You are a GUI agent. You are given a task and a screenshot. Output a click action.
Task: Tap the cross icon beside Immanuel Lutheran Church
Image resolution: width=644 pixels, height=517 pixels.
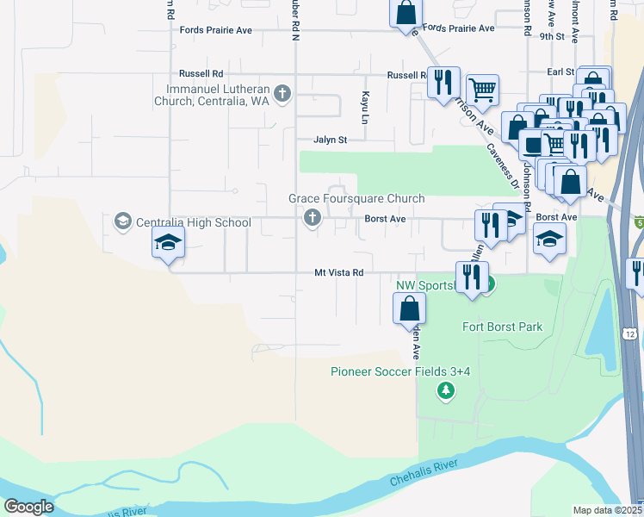tap(282, 92)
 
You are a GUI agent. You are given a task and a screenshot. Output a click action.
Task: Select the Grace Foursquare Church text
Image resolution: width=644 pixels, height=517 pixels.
tap(356, 198)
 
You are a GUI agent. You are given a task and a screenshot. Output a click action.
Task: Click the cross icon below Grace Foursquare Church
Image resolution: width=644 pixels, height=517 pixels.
tap(313, 219)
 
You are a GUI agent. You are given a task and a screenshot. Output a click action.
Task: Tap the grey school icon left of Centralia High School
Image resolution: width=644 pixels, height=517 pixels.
tap(122, 222)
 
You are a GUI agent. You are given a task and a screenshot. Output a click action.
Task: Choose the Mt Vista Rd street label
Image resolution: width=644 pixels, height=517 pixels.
tap(339, 272)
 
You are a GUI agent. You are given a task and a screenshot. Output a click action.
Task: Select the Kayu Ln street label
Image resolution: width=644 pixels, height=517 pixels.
tap(366, 105)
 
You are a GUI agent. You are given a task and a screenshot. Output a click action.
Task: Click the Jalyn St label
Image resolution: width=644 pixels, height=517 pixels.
tap(330, 140)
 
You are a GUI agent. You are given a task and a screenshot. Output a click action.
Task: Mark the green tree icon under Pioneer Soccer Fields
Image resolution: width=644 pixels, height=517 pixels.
tap(446, 392)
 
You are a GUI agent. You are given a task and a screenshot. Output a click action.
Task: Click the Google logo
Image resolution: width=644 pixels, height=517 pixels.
tap(29, 507)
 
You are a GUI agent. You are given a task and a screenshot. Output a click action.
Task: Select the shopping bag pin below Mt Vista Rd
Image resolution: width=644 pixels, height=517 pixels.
tap(410, 308)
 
